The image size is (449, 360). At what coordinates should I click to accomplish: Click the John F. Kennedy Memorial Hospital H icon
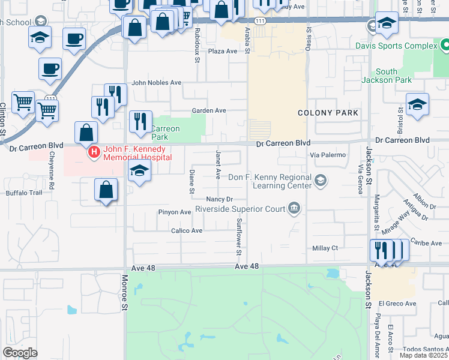click(x=94, y=152)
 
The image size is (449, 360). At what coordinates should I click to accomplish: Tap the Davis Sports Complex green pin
click(x=445, y=45)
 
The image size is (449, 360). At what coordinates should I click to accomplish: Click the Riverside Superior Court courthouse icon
click(x=294, y=209)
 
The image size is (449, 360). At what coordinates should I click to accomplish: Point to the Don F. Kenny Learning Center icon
click(x=321, y=180)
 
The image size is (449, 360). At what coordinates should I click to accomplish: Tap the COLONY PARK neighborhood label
click(x=328, y=113)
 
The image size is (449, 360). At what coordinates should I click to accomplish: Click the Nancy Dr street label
click(x=218, y=199)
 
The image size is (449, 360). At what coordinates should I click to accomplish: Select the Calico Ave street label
click(x=187, y=230)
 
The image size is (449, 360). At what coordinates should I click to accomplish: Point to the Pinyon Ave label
click(x=174, y=212)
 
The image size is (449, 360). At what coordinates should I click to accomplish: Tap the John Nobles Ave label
click(x=156, y=82)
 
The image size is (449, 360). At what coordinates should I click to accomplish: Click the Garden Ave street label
click(x=208, y=110)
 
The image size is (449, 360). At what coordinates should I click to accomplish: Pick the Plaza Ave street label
click(x=223, y=51)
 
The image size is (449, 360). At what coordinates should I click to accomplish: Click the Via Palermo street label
click(x=328, y=155)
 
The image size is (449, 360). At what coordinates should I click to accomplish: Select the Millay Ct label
click(x=325, y=248)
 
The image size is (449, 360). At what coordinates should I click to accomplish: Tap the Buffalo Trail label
click(x=24, y=193)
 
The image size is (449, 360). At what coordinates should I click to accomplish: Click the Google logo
click(x=20, y=353)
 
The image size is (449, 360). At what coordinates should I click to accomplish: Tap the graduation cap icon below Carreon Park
click(x=139, y=170)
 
